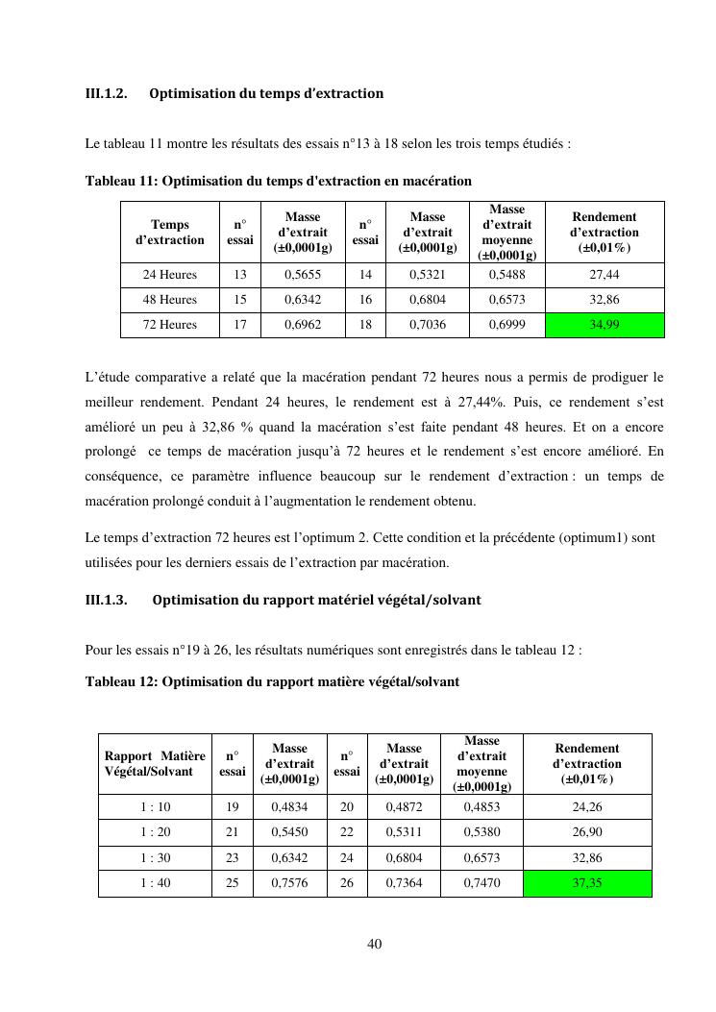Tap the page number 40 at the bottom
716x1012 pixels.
(375, 944)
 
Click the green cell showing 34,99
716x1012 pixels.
(605, 325)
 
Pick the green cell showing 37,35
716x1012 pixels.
(586, 882)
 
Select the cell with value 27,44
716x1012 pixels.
(605, 275)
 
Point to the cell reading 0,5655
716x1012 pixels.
(302, 275)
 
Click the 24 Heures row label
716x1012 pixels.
(170, 275)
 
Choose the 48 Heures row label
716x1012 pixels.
(170, 300)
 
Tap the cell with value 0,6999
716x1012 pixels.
(506, 325)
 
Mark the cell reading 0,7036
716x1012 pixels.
(427, 325)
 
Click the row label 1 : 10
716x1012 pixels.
(155, 807)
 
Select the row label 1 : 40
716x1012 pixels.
(155, 882)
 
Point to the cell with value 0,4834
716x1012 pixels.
(289, 807)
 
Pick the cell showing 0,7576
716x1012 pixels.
(289, 882)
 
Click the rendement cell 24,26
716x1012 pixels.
(586, 807)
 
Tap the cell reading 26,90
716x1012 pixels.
(586, 832)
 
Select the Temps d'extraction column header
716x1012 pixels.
(170, 232)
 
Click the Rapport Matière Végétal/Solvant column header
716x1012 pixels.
(155, 763)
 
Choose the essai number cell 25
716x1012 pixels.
(232, 882)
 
